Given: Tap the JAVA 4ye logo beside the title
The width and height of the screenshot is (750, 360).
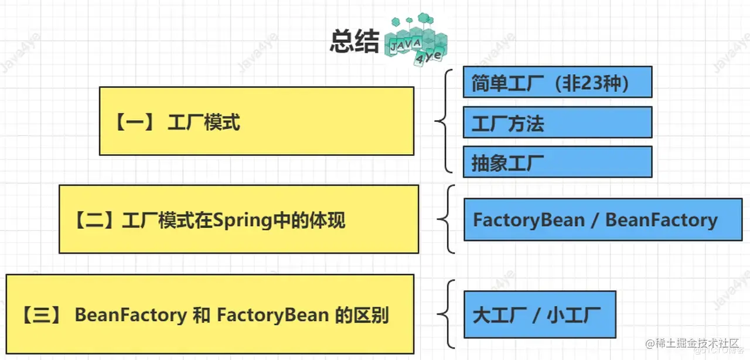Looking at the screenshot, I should coord(415,41).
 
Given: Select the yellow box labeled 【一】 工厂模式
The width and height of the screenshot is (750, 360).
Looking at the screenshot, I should coord(256,121).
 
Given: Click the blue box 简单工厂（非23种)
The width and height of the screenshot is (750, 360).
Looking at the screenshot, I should coord(557,82).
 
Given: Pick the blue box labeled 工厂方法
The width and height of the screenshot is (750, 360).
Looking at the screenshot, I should coord(557,123).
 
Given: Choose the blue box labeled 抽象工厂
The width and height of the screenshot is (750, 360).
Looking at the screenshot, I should coord(557,162).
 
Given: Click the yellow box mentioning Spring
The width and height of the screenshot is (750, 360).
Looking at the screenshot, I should coord(238,219).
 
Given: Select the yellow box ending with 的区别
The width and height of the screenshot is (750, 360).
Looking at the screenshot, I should coord(209,315).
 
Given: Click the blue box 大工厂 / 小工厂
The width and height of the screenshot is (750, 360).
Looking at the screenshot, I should coord(540,315).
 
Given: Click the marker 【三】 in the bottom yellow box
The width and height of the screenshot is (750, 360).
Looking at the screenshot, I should coord(41,316).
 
